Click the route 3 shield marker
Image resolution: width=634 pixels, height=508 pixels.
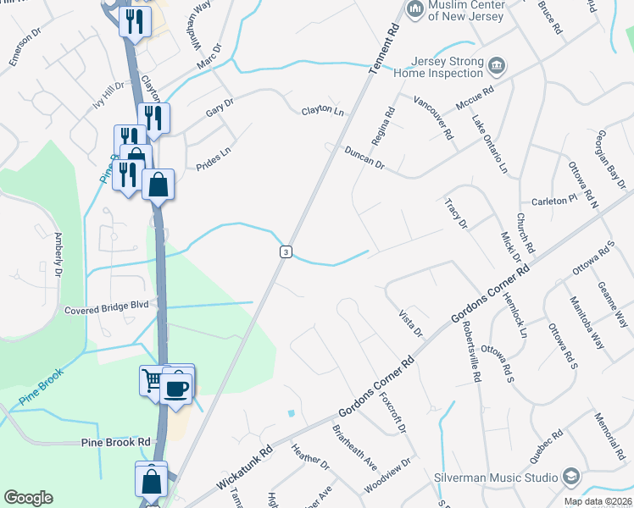point(286,251)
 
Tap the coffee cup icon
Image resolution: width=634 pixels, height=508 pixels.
point(177,388)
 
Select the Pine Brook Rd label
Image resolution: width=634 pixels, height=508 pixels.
point(115,442)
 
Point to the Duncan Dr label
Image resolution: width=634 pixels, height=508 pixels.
point(364,157)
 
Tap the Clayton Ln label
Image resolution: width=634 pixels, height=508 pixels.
point(323,112)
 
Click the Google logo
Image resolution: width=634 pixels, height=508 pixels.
point(28,498)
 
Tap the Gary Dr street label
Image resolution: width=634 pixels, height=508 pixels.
point(219,108)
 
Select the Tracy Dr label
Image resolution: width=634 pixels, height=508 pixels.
point(456,213)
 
